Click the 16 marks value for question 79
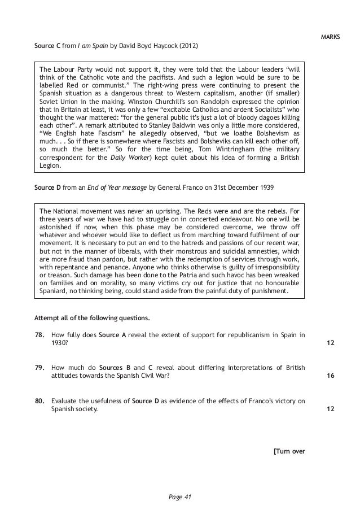point(330,376)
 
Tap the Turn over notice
point(289,451)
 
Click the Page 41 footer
point(181,496)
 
